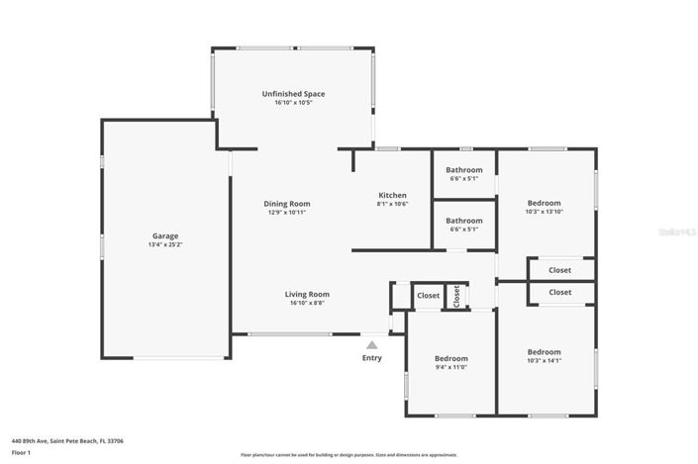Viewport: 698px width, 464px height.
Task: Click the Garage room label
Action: pos(164,236)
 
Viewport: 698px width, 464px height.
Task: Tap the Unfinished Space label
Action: pos(300,94)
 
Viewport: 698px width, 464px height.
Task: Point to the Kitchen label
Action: pos(392,195)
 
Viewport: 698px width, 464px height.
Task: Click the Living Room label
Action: pos(307,294)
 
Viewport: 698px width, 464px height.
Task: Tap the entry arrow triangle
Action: pos(371,344)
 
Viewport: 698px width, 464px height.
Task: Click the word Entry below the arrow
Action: pos(371,358)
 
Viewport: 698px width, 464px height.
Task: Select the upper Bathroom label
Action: pos(463,170)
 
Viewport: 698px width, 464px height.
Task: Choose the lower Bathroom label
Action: pos(463,221)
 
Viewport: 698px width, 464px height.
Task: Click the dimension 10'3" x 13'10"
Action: pos(544,212)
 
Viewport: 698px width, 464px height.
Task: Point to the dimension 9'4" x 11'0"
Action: pos(450,367)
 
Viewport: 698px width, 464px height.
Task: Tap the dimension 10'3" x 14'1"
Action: pos(544,361)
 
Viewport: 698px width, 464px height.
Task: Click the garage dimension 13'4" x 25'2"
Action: pos(164,245)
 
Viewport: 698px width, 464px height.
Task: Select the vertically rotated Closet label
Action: pos(456,296)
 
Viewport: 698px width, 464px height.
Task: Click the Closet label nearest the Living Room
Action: pos(428,295)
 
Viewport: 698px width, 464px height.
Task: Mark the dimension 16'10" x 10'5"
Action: pos(300,103)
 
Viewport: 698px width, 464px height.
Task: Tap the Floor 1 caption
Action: pos(22,452)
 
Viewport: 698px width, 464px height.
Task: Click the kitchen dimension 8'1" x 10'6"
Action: pos(392,204)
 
